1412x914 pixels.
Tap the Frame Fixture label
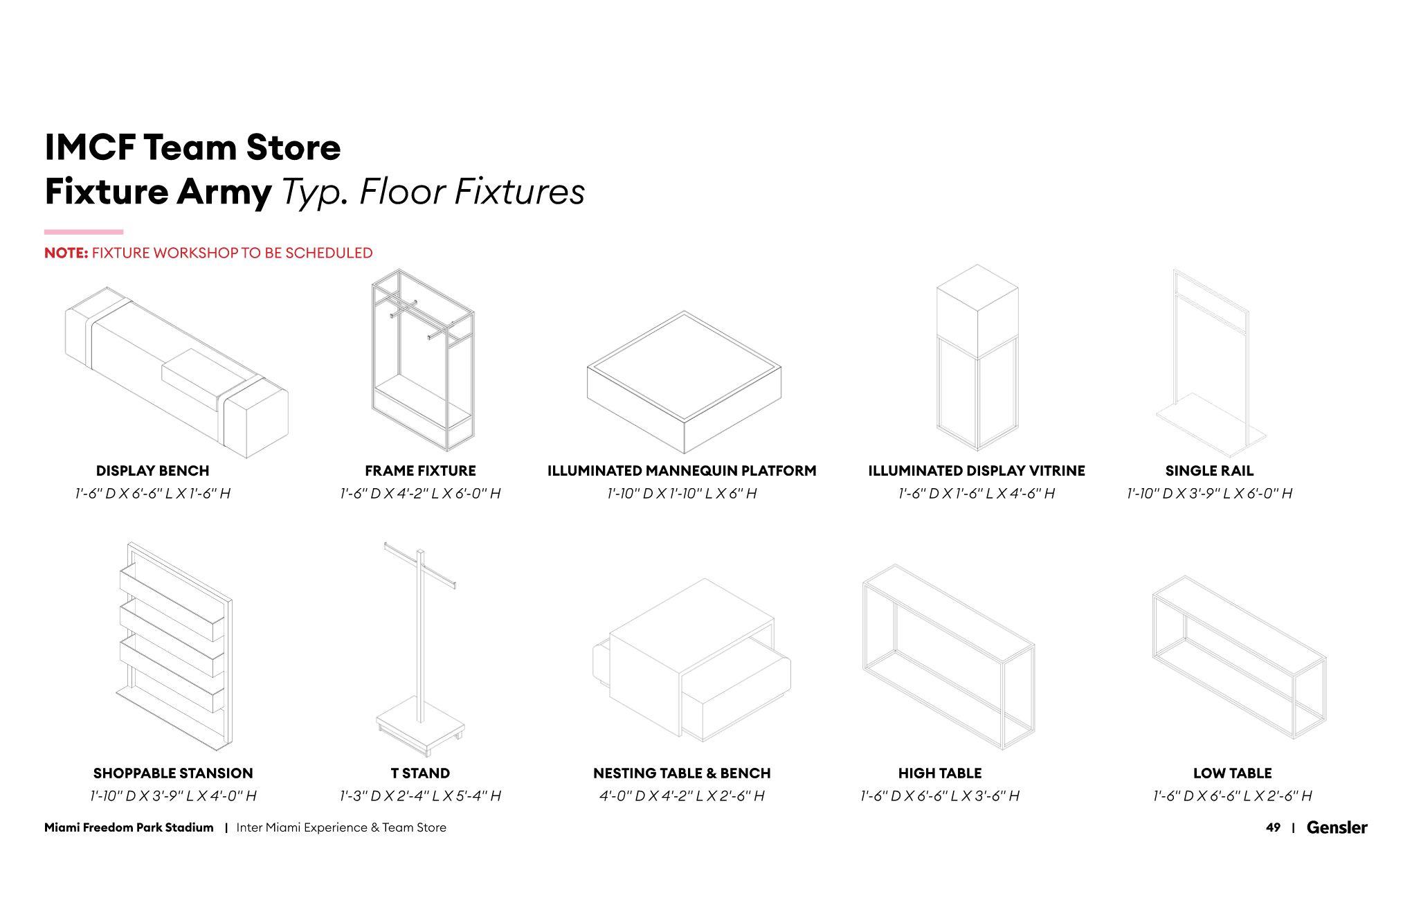pos(420,471)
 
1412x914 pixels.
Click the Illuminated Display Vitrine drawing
pos(977,357)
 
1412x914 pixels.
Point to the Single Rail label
pos(1209,471)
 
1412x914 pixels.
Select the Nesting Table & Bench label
pos(681,773)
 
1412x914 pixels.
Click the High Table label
pos(939,773)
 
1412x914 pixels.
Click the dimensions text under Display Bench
pos(152,494)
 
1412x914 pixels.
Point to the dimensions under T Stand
pos(420,796)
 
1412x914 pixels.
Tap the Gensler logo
pos(1337,827)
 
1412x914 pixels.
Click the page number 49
pos(1272,827)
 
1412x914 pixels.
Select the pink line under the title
pos(84,232)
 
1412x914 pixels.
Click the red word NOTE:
pos(66,253)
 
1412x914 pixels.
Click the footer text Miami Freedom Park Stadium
pos(129,827)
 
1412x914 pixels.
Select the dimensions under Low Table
pos(1232,796)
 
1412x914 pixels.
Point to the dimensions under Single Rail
pos(1209,494)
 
